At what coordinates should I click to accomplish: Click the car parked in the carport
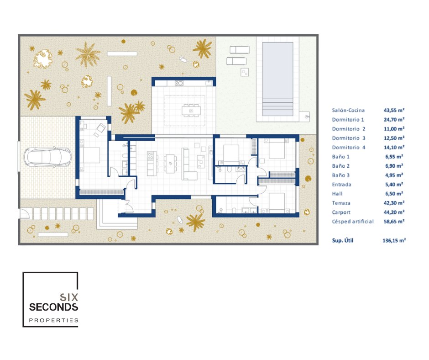[x=48, y=157]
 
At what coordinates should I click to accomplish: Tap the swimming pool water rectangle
[x=277, y=79]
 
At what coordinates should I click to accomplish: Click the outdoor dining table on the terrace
[x=191, y=111]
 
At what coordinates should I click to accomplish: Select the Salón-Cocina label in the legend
[x=348, y=110]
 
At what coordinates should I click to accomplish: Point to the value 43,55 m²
[x=394, y=110]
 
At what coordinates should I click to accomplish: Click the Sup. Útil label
[x=343, y=240]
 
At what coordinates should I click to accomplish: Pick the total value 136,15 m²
[x=394, y=240]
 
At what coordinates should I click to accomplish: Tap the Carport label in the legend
[x=341, y=212]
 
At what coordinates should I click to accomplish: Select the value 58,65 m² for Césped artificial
[x=394, y=222]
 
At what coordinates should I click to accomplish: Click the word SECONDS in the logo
[x=54, y=307]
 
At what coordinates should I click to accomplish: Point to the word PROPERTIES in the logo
[x=54, y=320]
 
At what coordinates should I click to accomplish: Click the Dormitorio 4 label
[x=349, y=148]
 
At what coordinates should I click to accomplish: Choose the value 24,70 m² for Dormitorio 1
[x=394, y=119]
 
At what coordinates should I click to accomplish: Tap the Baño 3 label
[x=340, y=175]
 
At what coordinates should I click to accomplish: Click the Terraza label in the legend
[x=341, y=203]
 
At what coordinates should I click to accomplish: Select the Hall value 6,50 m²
[x=394, y=194]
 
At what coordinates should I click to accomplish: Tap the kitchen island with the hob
[x=152, y=164]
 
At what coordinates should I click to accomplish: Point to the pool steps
[x=277, y=107]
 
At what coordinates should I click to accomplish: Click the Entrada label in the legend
[x=341, y=185]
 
